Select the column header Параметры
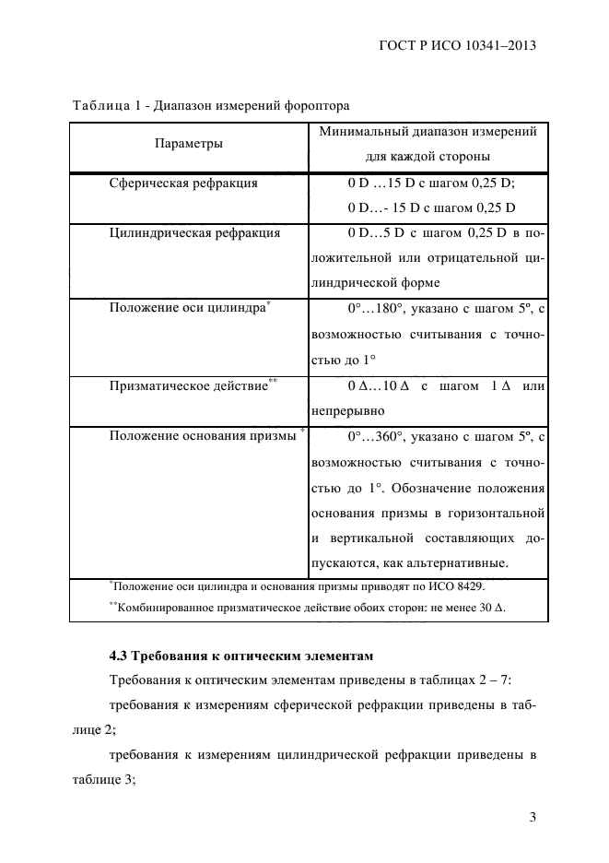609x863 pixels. [x=188, y=144]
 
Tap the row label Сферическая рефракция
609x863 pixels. [x=183, y=183]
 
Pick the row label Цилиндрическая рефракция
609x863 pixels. [x=194, y=232]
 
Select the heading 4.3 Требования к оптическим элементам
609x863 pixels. [x=240, y=656]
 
